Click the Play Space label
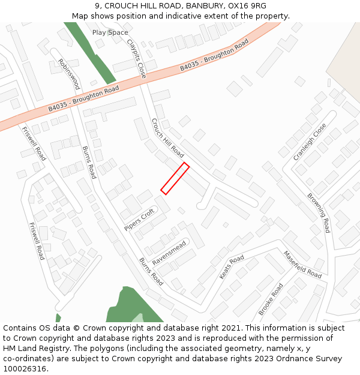pyautogui.click(x=110, y=32)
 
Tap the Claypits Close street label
pyautogui.click(x=137, y=59)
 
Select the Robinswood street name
pyautogui.click(x=69, y=74)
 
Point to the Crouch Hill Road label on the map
pyautogui.click(x=167, y=137)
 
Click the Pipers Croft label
pyautogui.click(x=139, y=220)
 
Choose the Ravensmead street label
pyautogui.click(x=169, y=253)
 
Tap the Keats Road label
pyautogui.click(x=232, y=266)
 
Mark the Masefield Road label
pyautogui.click(x=302, y=264)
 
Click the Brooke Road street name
pyautogui.click(x=271, y=299)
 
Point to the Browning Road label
pyautogui.click(x=319, y=213)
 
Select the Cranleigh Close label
pyautogui.click(x=310, y=142)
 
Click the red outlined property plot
pyautogui.click(x=175, y=178)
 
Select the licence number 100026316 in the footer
pyautogui.click(x=26, y=369)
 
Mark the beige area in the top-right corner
pyautogui.click(x=345, y=54)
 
